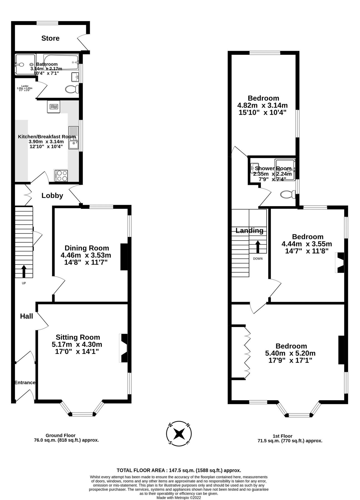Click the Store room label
pos(50,38)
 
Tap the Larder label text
pos(24,88)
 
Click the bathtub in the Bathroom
pos(61,62)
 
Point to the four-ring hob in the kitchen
pos(61,176)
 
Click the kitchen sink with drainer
pos(74,138)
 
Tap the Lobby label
pos(52,196)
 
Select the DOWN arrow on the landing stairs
pos(258,247)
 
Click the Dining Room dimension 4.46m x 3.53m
pos(86,255)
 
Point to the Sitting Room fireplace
pos(124,348)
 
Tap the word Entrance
pos(25,382)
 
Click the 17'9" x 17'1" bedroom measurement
pos(290,361)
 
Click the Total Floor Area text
pos(179,470)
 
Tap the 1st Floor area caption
pos(290,438)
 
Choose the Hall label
pos(27,316)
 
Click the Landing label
pos(249,231)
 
